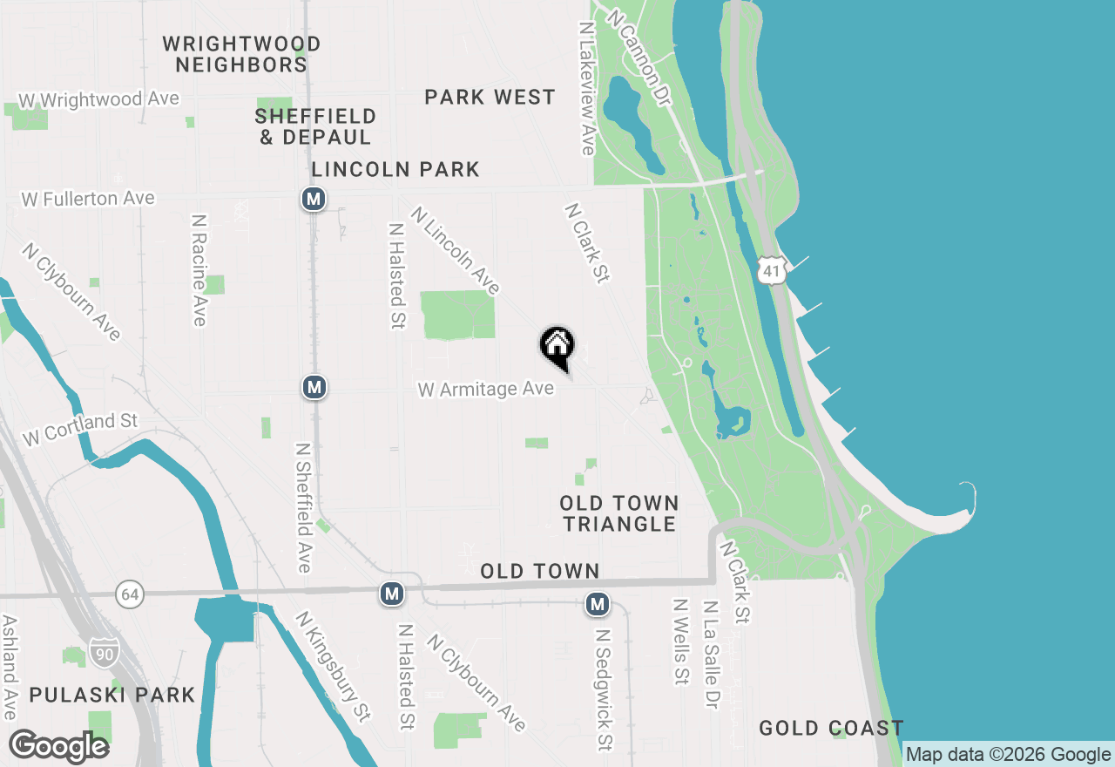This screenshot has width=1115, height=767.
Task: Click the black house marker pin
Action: click(x=557, y=347)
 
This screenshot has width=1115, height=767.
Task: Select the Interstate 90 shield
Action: click(x=103, y=652)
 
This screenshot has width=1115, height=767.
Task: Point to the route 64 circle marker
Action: click(x=130, y=595)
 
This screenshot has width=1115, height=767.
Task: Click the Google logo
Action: click(x=58, y=747)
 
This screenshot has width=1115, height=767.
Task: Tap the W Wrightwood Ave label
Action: click(x=98, y=100)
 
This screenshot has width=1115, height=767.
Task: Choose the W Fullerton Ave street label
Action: click(x=88, y=200)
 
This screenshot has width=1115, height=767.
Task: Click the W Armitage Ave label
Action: click(x=486, y=389)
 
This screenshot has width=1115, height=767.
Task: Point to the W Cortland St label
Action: click(x=80, y=429)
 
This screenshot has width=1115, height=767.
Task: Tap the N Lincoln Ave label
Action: click(x=456, y=250)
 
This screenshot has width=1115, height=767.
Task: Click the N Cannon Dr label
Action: click(x=640, y=58)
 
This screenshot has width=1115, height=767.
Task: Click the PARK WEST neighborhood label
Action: click(x=490, y=98)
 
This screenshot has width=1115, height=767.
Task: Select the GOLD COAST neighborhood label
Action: click(x=830, y=728)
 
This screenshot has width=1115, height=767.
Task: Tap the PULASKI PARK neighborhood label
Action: click(x=112, y=695)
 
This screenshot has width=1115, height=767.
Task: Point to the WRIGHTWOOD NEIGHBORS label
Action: click(x=241, y=54)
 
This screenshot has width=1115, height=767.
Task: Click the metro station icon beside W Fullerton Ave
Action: click(x=314, y=200)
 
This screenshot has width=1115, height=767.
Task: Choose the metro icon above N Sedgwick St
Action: click(x=597, y=603)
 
